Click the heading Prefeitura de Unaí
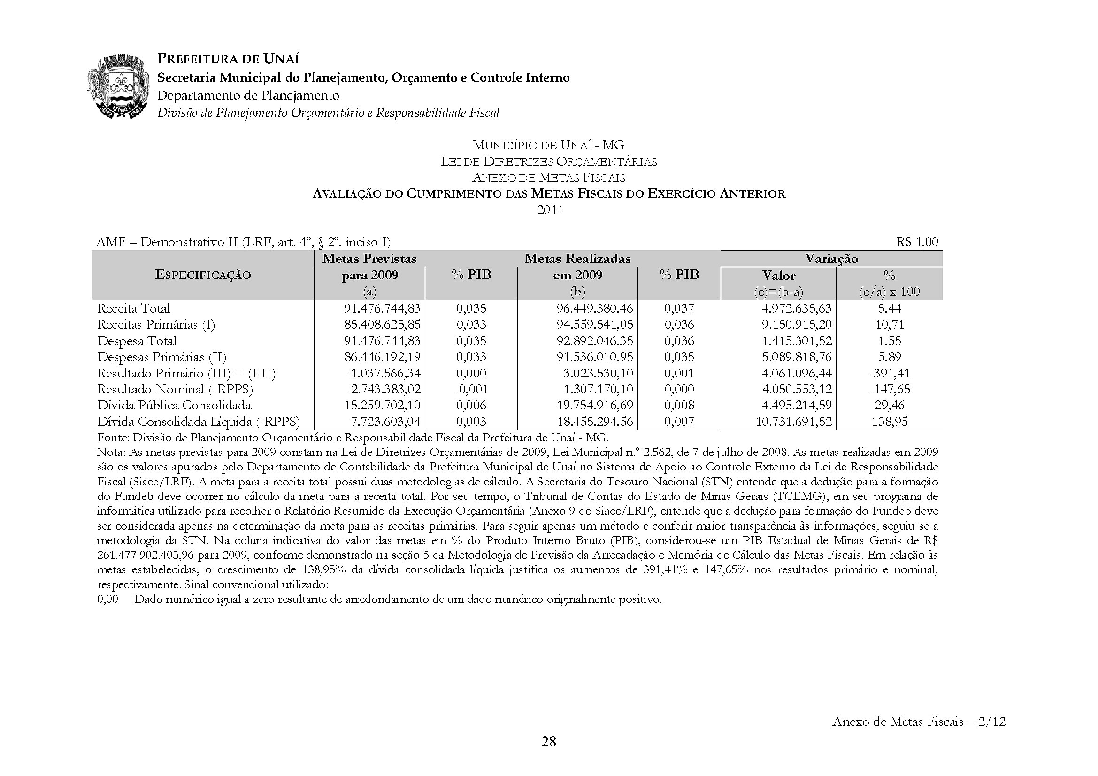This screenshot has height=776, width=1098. (x=228, y=59)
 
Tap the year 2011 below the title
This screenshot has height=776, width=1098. (x=550, y=210)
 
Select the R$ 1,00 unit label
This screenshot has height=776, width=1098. (x=917, y=242)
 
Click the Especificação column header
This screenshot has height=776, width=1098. (x=203, y=275)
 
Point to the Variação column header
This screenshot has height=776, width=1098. (x=831, y=259)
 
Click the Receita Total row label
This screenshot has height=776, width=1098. (x=133, y=308)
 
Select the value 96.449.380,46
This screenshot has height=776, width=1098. (x=594, y=308)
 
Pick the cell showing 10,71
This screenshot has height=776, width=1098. (x=890, y=325)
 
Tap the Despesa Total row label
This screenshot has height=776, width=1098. (x=137, y=341)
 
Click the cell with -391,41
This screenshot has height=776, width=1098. (x=889, y=373)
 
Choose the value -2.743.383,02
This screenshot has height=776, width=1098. (x=383, y=389)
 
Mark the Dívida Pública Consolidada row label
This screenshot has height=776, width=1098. (x=174, y=406)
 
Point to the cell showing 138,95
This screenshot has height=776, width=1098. (x=890, y=422)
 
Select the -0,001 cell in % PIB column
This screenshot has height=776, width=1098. (x=471, y=389)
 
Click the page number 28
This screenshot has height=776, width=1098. (x=548, y=742)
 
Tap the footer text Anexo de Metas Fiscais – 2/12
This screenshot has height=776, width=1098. (x=919, y=722)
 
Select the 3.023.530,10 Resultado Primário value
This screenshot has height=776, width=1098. (x=599, y=373)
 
